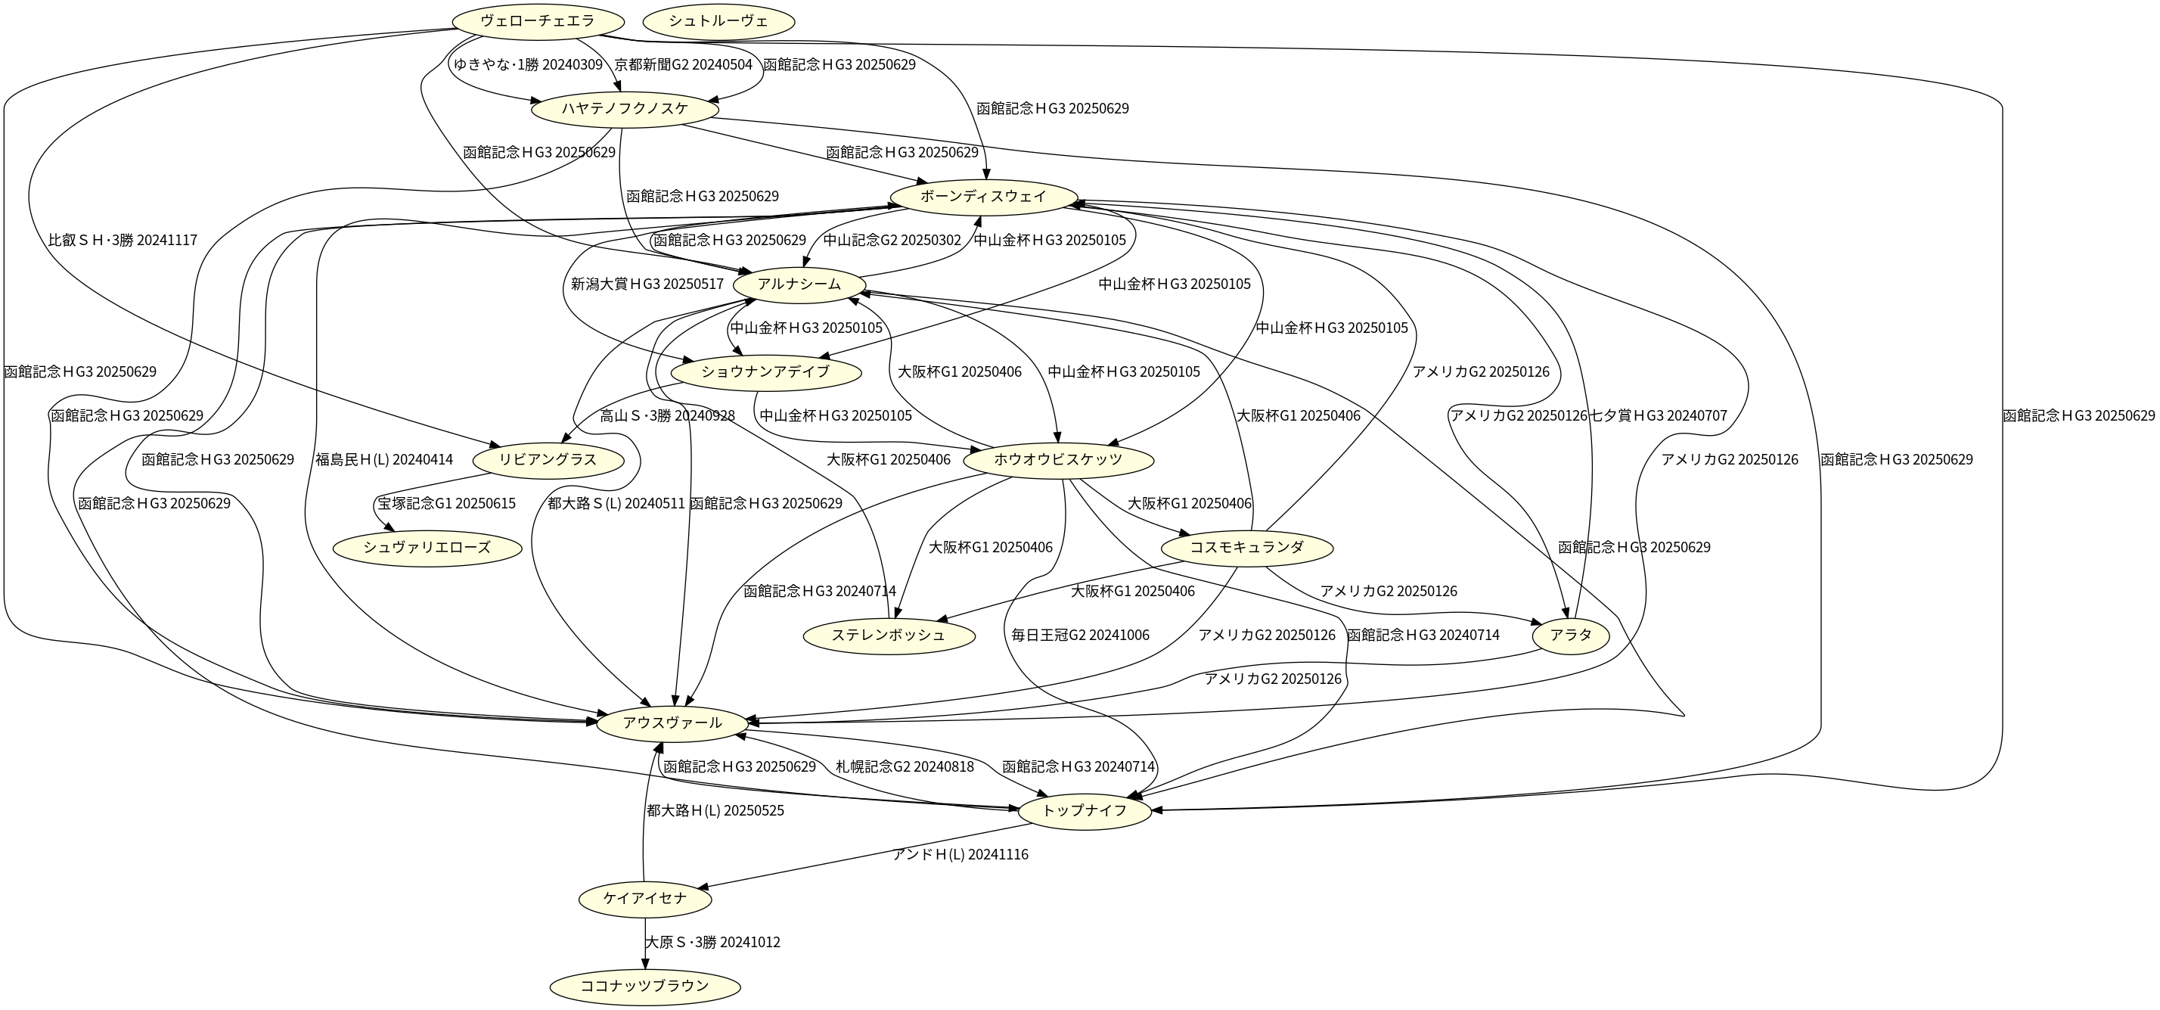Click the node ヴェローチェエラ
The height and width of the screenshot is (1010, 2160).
(x=538, y=22)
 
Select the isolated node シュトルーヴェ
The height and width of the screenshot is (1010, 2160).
(x=718, y=22)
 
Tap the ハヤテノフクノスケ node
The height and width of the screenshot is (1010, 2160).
(x=625, y=109)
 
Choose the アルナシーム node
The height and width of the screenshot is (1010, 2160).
(x=799, y=284)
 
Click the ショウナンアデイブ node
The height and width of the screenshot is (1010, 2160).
(x=765, y=371)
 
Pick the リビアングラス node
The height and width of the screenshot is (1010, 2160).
(x=548, y=460)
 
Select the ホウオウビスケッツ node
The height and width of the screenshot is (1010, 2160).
(x=1058, y=460)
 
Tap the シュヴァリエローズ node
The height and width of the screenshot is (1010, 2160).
(x=427, y=548)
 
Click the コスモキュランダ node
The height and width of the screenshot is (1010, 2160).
(x=1248, y=548)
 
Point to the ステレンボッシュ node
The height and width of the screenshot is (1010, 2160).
(x=889, y=635)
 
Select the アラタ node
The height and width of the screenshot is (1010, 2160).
(x=1571, y=635)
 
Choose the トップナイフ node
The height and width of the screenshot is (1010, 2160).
(x=1085, y=810)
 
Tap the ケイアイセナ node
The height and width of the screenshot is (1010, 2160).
(x=645, y=899)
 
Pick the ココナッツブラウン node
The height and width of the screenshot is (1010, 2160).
(x=645, y=986)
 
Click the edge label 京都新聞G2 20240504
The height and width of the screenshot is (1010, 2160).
(x=684, y=64)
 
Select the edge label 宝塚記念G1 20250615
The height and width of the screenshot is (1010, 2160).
(x=446, y=503)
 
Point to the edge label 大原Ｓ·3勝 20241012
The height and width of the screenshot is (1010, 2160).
(x=712, y=942)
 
